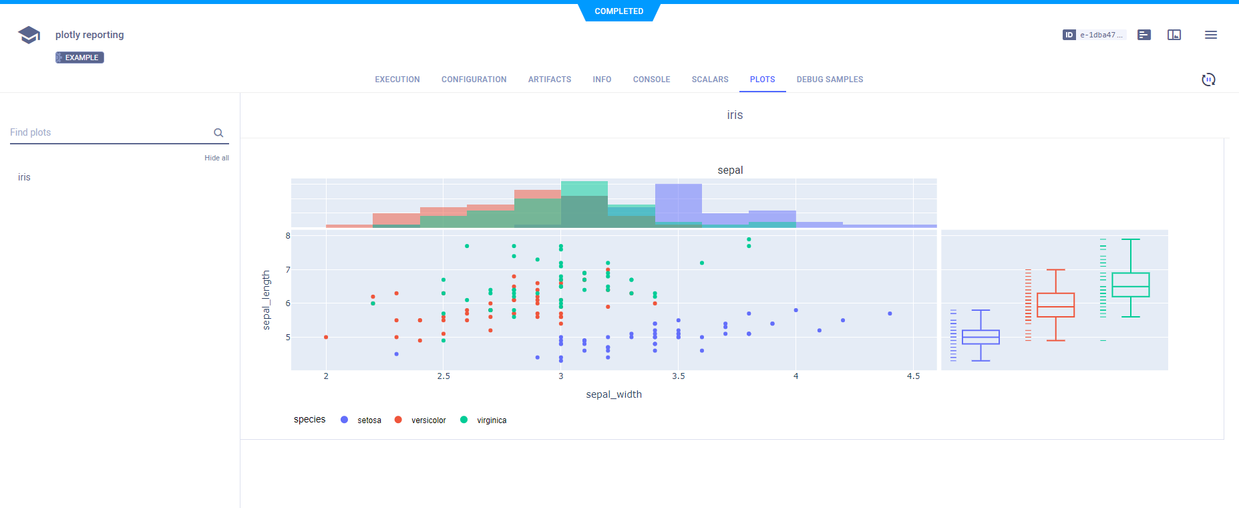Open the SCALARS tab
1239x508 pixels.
coord(709,80)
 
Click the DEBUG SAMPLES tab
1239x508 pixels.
coord(830,80)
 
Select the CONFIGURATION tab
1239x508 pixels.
coord(474,80)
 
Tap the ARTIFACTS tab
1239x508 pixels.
coord(549,80)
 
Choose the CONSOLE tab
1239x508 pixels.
coord(651,80)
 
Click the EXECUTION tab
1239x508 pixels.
coord(397,80)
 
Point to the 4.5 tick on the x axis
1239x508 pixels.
coord(913,376)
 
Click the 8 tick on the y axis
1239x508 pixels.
coord(288,236)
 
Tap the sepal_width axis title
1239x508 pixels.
coord(614,394)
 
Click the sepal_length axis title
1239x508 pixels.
coord(267,300)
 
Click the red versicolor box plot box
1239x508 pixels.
coord(1055,305)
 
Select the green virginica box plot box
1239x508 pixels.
coord(1130,285)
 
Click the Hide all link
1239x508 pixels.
coord(216,158)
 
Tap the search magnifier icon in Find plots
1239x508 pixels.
coord(218,133)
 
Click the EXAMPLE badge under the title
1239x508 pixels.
coord(79,57)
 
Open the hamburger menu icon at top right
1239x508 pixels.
coord(1210,35)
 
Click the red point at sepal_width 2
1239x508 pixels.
coord(326,337)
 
